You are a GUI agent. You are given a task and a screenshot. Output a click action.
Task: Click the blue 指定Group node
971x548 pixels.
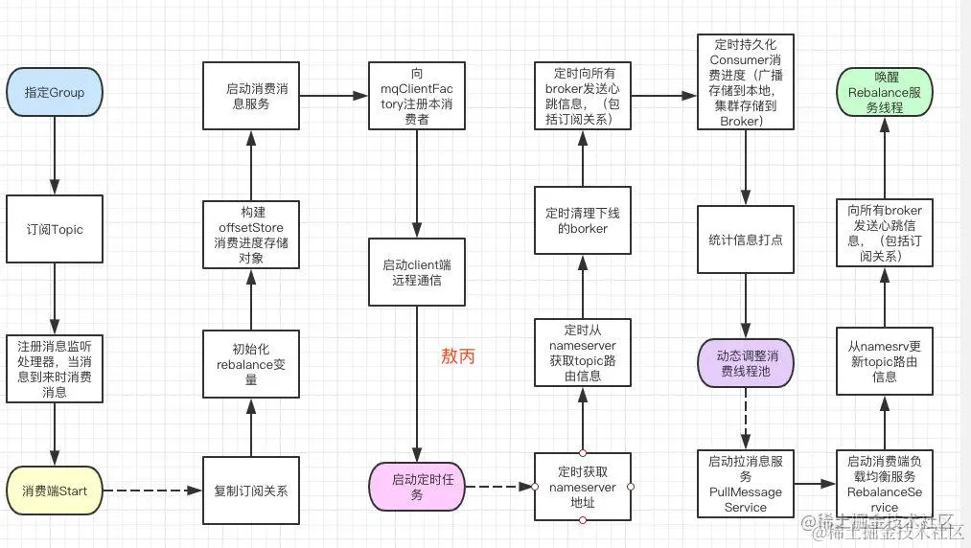click(54, 93)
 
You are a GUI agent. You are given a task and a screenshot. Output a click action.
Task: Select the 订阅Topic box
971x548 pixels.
click(54, 230)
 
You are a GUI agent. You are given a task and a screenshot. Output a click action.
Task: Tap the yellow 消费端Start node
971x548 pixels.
click(54, 491)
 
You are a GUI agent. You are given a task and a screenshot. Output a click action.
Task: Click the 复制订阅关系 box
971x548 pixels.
click(251, 491)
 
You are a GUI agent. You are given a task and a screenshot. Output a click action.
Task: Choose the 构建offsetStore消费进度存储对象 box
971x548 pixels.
click(251, 235)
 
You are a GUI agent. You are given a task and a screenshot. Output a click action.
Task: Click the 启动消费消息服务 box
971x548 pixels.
click(251, 96)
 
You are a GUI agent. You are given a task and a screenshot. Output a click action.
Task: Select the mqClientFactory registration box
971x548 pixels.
click(417, 96)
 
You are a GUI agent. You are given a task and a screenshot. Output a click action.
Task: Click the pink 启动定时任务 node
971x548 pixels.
click(417, 487)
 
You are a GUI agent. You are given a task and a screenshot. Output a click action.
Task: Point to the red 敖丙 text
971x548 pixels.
click(457, 356)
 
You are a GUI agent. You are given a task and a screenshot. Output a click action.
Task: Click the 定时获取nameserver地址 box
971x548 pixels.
click(583, 487)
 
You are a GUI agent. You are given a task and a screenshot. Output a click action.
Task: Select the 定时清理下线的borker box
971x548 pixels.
click(583, 220)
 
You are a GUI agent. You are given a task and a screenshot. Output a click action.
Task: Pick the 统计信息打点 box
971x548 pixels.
click(745, 240)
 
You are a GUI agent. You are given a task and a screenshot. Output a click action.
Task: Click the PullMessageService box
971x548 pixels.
click(745, 484)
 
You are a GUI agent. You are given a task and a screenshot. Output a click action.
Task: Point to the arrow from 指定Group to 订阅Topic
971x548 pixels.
click(54, 153)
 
